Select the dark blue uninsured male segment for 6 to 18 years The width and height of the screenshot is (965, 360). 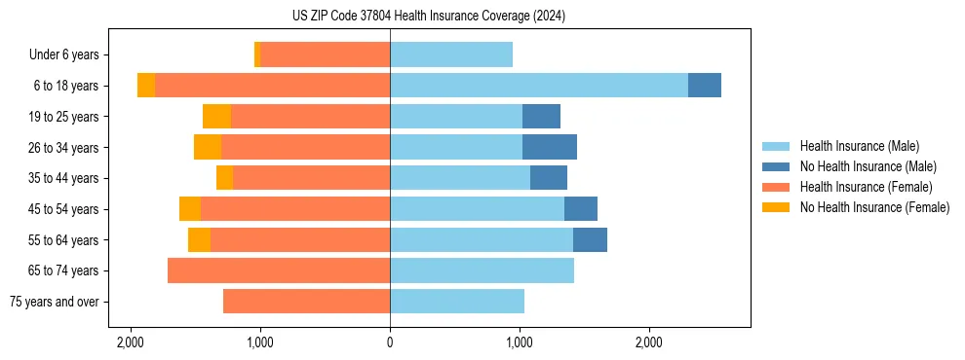pos(704,86)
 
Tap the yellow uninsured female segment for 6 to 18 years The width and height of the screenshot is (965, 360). pos(146,86)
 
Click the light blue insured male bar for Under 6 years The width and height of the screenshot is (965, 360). pos(451,54)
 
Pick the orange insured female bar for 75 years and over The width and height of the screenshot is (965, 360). pos(306,302)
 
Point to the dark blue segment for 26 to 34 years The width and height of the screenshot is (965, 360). pos(550,147)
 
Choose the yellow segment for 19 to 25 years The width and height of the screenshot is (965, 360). pos(216,117)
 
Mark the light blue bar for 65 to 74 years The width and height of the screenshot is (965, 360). pos(482,270)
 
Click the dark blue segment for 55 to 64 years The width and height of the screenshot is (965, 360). pos(590,239)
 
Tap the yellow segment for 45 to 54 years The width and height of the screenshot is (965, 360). pos(190,209)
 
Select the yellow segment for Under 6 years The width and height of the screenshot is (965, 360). pos(257,54)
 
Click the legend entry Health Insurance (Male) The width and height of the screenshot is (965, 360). pos(859,146)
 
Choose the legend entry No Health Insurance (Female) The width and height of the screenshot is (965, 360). pos(874,207)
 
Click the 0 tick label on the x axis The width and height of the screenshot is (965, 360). pos(390,342)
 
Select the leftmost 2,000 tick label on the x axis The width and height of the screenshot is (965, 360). pos(131,342)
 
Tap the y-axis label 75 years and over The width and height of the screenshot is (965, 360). pos(55,302)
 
